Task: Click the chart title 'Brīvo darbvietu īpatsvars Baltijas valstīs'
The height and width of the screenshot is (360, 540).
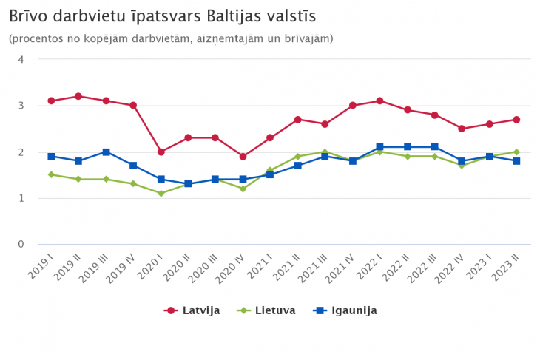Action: [163, 16]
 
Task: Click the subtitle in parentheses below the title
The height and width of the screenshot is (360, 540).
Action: [171, 38]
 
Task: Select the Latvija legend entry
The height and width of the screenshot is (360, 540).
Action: [193, 310]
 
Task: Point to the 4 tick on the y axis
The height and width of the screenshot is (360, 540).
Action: [21, 59]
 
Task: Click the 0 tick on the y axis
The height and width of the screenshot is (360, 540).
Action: [21, 244]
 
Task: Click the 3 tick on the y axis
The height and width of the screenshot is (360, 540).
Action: [21, 106]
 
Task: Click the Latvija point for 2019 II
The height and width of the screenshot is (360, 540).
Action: [78, 96]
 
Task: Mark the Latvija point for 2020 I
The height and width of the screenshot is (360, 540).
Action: [161, 152]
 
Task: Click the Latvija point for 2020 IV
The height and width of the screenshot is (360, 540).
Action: [243, 156]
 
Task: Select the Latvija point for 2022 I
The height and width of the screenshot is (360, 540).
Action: [379, 101]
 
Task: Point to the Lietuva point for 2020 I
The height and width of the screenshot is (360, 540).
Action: [161, 193]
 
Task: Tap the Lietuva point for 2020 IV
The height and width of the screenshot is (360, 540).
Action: [243, 189]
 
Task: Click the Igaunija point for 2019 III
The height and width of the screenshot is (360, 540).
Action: [106, 152]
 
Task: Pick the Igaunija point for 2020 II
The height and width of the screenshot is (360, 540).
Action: [188, 183]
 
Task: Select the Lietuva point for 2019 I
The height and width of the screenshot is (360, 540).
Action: [51, 174]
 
